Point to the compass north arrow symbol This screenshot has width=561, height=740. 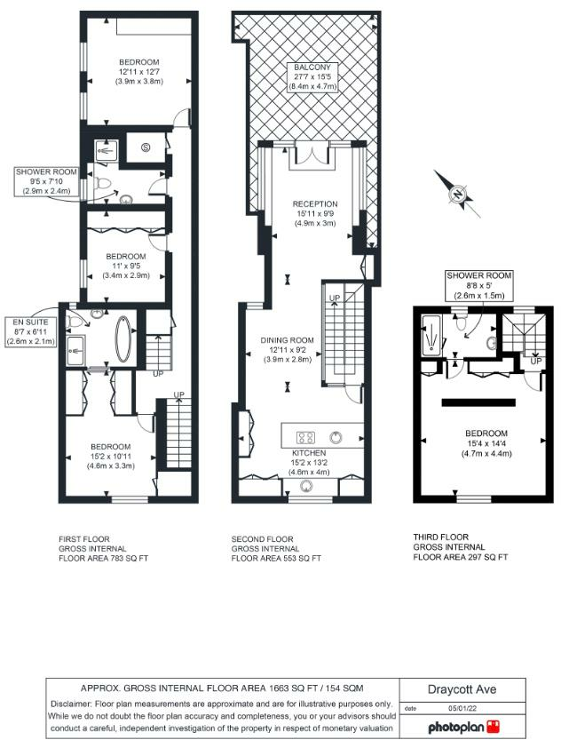point(458,195)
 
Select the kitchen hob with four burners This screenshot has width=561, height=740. point(306,436)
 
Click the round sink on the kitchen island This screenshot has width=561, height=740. point(337,436)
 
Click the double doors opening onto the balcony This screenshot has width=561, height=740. point(310,155)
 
